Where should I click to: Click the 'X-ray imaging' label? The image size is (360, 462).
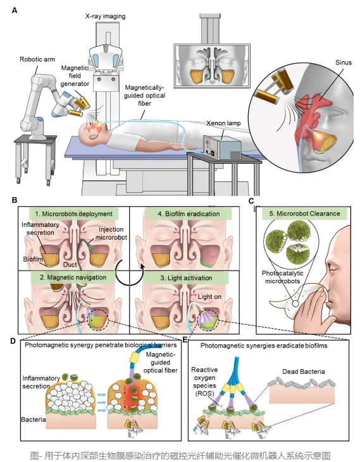(x=105, y=16)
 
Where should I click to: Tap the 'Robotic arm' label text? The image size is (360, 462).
(x=37, y=59)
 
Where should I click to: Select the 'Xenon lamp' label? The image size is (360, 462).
(x=223, y=123)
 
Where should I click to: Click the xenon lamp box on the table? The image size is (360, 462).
(x=222, y=147)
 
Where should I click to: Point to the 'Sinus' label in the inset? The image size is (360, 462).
(x=344, y=63)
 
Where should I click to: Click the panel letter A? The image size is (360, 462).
(x=15, y=11)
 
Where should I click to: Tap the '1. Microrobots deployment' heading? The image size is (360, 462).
(x=74, y=214)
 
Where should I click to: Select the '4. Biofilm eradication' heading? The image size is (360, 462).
(x=189, y=214)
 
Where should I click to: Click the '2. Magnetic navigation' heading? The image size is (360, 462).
(x=73, y=277)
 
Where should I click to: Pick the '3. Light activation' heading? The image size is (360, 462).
(x=186, y=278)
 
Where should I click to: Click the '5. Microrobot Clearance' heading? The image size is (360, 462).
(x=304, y=214)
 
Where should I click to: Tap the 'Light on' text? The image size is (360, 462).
(x=209, y=296)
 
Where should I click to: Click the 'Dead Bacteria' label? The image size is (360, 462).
(x=304, y=372)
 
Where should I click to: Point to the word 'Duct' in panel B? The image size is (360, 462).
(x=70, y=265)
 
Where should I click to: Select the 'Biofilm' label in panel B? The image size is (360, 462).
(x=33, y=259)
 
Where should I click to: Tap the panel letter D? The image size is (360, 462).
(x=13, y=341)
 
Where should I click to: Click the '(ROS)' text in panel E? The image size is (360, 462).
(x=204, y=393)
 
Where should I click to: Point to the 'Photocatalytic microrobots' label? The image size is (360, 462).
(x=282, y=277)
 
